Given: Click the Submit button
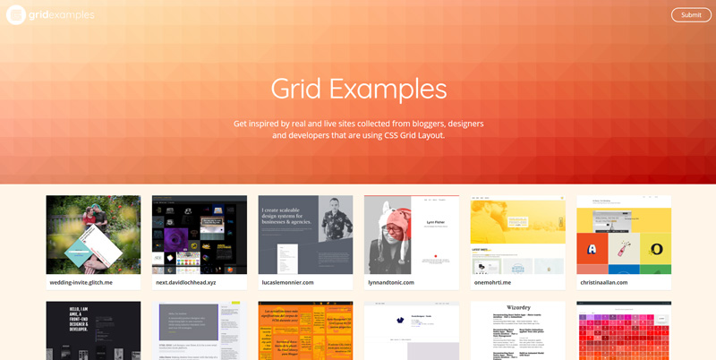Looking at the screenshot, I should [691, 14].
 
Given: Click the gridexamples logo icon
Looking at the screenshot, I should [16, 14].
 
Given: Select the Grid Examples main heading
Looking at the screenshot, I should [358, 89].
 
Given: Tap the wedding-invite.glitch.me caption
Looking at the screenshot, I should [81, 282].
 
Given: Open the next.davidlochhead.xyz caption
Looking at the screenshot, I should [186, 282].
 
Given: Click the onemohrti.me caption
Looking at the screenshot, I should [493, 282].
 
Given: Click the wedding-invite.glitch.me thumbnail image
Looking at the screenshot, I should [93, 235].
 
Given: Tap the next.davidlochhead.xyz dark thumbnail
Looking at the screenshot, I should [200, 235].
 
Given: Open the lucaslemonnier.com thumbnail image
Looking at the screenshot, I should [305, 235].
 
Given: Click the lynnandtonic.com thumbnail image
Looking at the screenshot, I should [412, 235].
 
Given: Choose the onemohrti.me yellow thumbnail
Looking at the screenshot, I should [517, 235].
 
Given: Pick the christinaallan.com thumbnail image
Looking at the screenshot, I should [624, 235].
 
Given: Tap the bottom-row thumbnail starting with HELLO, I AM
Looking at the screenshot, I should [93, 331].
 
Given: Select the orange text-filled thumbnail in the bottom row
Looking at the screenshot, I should [305, 331].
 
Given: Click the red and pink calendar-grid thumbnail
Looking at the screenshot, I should [624, 331].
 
